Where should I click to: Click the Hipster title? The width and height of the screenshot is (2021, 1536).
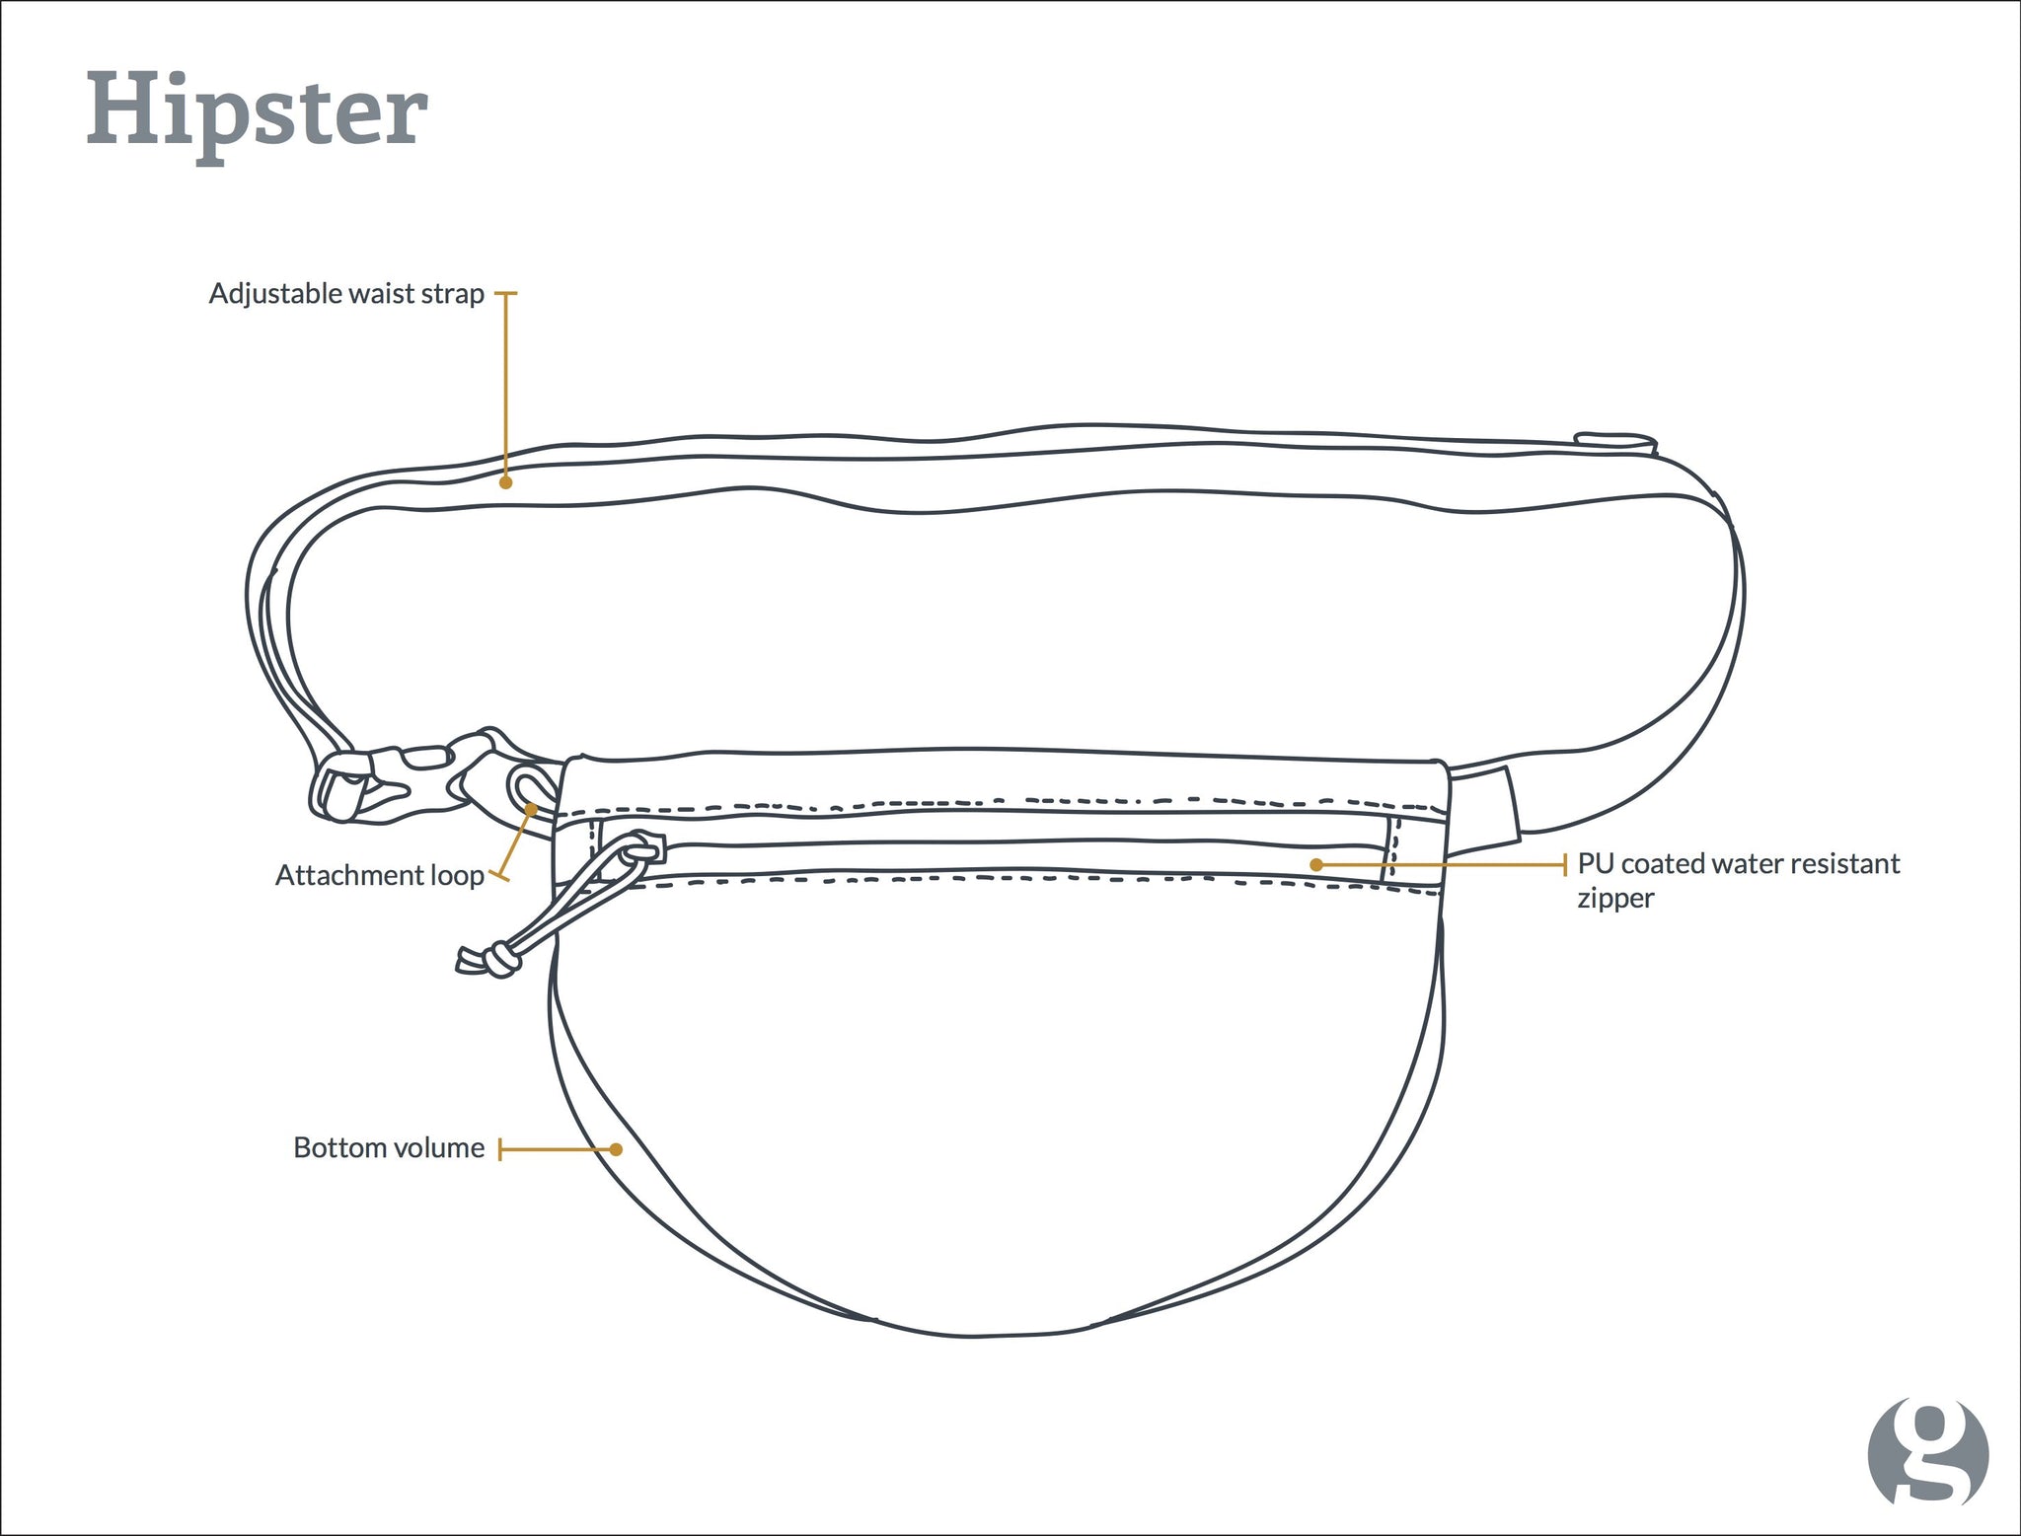(x=257, y=113)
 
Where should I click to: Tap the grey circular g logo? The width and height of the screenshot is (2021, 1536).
(x=1927, y=1451)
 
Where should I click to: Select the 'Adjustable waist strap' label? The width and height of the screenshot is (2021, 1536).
(x=346, y=294)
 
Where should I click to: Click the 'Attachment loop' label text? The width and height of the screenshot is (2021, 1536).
(x=379, y=875)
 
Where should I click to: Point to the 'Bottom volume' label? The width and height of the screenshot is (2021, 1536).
(x=389, y=1147)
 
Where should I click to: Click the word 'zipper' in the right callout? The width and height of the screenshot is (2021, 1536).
(x=1615, y=899)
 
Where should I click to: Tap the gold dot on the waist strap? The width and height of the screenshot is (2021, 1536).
(x=505, y=482)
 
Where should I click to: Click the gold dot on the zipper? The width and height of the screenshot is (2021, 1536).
(x=1315, y=864)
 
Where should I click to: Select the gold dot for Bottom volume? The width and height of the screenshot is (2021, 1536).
(x=616, y=1149)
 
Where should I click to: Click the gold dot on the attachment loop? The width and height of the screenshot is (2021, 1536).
(x=531, y=809)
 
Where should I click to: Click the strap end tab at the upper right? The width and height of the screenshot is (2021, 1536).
(x=1614, y=441)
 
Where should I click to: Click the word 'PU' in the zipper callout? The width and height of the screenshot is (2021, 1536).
(x=1596, y=863)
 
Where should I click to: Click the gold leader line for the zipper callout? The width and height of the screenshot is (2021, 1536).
(x=1441, y=865)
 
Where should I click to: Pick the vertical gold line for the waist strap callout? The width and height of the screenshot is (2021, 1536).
(x=505, y=388)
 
